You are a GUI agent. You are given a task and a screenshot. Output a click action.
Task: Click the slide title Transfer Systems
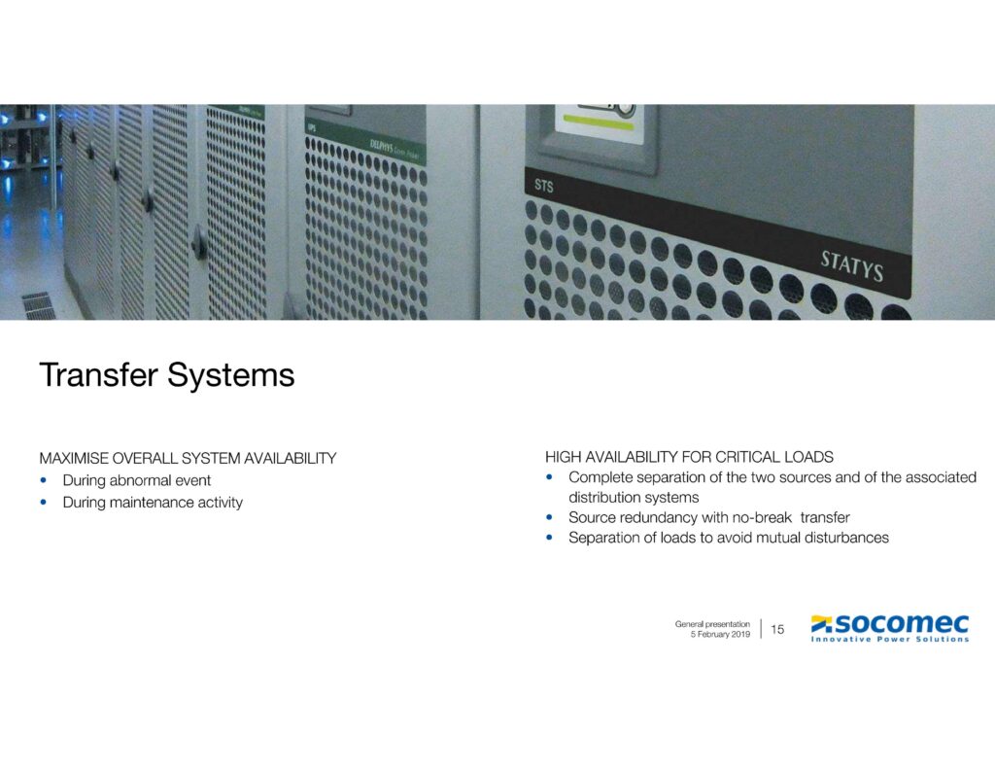pos(166,375)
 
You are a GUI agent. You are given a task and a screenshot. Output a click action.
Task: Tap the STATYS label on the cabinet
pos(851,265)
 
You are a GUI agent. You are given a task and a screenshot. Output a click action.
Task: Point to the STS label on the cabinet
pos(543,185)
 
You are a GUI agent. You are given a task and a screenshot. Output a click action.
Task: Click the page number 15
pos(777,630)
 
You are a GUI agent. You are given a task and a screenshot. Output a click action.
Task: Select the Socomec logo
pos(890,623)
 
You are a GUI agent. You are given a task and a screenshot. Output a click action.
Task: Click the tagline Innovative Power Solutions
pos(890,640)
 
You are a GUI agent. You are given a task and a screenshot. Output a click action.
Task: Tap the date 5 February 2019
pos(719,634)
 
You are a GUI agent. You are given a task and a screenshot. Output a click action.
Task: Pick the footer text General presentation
pos(712,623)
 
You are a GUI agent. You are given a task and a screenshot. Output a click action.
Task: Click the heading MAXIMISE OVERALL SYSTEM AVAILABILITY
pos(188,458)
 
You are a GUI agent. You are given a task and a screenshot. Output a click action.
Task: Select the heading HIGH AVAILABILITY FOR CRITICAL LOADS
pos(689,456)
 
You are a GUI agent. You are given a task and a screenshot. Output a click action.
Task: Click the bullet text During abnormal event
pos(137,480)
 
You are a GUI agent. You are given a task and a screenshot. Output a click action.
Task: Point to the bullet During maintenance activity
pos(153,503)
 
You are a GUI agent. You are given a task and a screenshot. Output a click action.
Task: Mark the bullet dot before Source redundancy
pos(550,517)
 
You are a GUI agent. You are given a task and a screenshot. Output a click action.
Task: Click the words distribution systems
pos(634,498)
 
